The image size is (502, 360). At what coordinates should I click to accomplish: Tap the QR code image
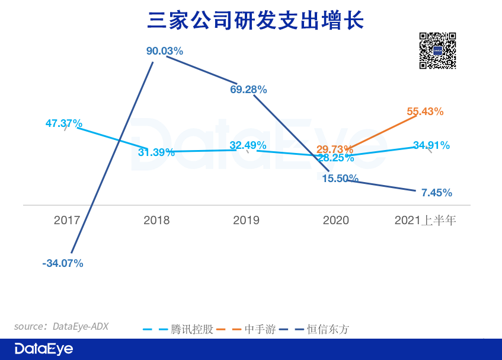438,51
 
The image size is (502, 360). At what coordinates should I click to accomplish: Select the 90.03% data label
165,51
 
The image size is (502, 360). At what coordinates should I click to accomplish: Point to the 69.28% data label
248,90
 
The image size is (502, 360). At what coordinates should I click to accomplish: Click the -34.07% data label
63,263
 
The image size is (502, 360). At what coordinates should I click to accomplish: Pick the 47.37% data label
64,123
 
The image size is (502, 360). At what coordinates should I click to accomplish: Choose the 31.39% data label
156,152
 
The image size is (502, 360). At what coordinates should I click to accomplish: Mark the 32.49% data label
248,145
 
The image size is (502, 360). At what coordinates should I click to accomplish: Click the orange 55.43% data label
425,111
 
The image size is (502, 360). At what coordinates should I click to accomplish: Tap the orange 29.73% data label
334,149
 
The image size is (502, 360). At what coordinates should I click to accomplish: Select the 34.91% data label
431,145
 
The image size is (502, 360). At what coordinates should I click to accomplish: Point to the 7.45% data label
437,193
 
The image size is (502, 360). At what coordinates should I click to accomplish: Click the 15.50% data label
340,178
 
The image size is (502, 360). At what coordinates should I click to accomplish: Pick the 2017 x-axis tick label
66,221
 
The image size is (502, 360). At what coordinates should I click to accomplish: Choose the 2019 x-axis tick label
246,221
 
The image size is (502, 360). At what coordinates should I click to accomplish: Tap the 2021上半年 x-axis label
425,221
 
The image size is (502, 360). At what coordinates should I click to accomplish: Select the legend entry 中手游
260,329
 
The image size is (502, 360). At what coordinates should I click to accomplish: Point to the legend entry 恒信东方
327,329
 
